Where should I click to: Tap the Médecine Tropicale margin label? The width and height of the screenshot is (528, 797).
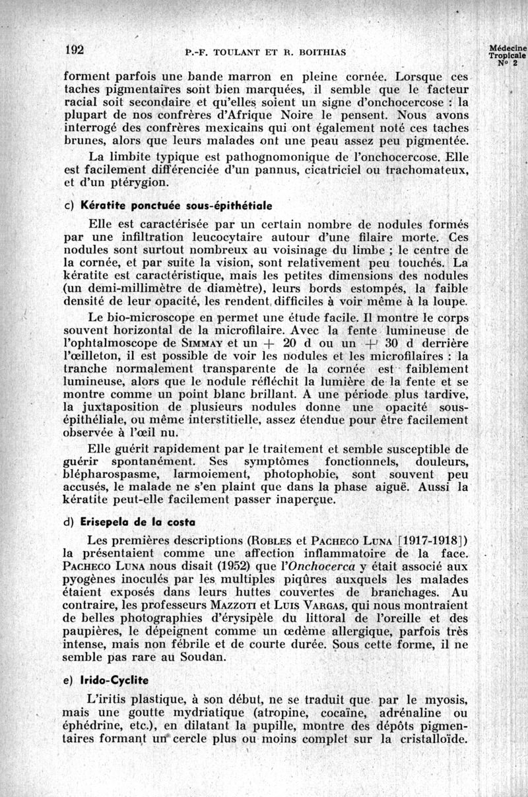pos(508,55)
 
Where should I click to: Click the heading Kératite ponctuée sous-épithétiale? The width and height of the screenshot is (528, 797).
pos(176,205)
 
